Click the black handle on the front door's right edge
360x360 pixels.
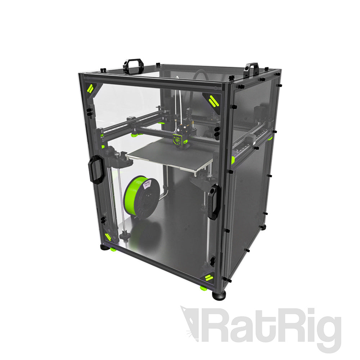(214, 202)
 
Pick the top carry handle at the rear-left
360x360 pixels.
(133, 66)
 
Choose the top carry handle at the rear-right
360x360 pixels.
(251, 69)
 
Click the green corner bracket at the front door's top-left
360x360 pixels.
(90, 88)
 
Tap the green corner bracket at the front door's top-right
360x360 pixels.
(213, 100)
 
